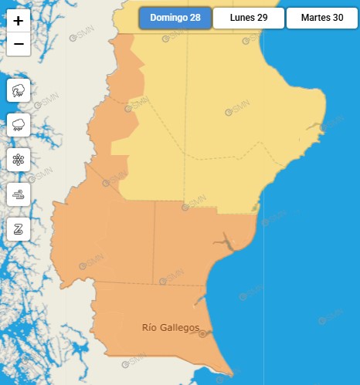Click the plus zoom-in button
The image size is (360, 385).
[19, 22]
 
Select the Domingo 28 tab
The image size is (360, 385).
[175, 18]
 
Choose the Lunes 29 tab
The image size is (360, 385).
[248, 18]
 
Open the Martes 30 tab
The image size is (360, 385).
[322, 18]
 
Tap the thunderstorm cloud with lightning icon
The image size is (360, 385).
[19, 91]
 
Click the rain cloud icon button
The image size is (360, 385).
[19, 125]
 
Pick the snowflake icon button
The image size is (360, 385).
[19, 160]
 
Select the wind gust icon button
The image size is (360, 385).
[19, 194]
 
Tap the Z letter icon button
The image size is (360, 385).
[19, 228]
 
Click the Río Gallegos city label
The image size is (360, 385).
[171, 328]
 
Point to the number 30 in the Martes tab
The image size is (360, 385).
[338, 18]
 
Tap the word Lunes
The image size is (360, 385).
[242, 18]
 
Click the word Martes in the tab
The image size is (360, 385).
[315, 18]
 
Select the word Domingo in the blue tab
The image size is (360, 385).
[168, 18]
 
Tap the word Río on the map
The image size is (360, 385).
[149, 328]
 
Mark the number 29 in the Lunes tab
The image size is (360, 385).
[263, 18]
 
